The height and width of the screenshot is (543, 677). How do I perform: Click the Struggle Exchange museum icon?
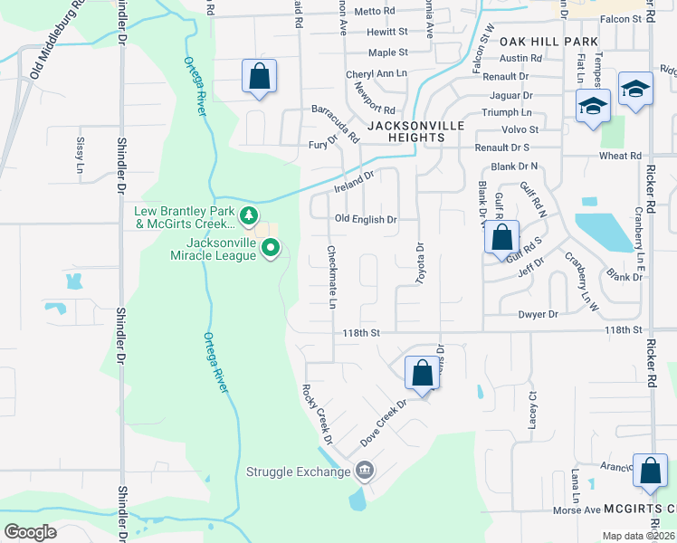pyautogui.click(x=365, y=471)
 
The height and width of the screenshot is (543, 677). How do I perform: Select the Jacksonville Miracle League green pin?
pyautogui.click(x=270, y=248)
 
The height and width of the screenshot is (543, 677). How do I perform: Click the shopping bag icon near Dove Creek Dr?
pyautogui.click(x=422, y=372)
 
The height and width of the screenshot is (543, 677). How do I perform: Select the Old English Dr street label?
pyautogui.click(x=366, y=219)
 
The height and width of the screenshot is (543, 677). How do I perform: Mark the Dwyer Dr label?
pyautogui.click(x=538, y=314)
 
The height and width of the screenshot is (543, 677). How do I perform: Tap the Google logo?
pyautogui.click(x=30, y=532)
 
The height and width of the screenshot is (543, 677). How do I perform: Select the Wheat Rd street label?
pyautogui.click(x=620, y=156)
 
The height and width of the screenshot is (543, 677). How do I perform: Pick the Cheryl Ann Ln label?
pyautogui.click(x=377, y=74)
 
